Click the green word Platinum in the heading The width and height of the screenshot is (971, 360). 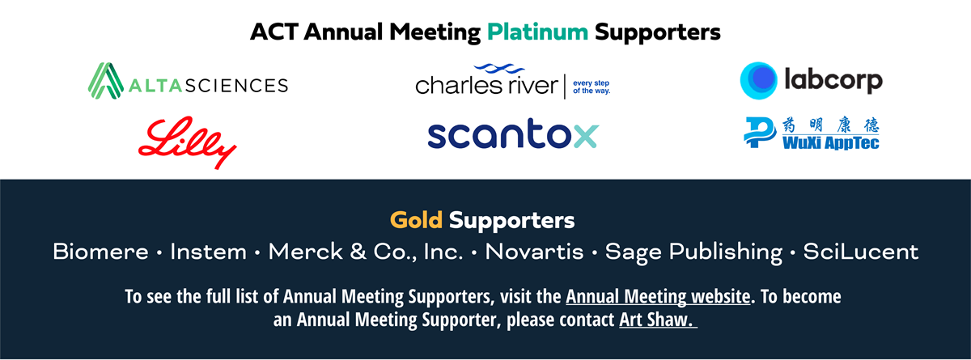tap(537, 32)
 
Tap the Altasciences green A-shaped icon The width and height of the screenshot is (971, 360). tap(106, 81)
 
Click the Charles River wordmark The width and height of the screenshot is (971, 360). tap(487, 85)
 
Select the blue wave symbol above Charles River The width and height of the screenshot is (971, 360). tap(499, 69)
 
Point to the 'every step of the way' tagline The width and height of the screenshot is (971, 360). tap(592, 87)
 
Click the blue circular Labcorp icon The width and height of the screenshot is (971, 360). tap(759, 81)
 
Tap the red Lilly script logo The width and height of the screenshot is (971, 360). tap(187, 142)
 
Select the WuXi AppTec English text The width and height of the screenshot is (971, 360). tap(830, 143)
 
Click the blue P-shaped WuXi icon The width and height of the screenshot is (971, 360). tap(760, 132)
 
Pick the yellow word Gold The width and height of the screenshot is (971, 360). tap(416, 220)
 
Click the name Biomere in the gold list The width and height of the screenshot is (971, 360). tap(100, 252)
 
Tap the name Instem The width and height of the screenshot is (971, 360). tap(208, 252)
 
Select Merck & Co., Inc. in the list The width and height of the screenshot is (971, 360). tap(366, 252)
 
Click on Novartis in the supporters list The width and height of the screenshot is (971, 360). tap(534, 252)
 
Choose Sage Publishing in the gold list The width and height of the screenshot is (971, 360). tap(693, 252)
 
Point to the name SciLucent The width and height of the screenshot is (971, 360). tap(860, 252)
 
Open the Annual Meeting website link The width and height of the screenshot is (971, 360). tap(658, 297)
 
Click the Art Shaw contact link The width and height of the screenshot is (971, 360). tap(658, 320)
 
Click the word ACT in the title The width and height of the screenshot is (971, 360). tap(274, 32)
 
